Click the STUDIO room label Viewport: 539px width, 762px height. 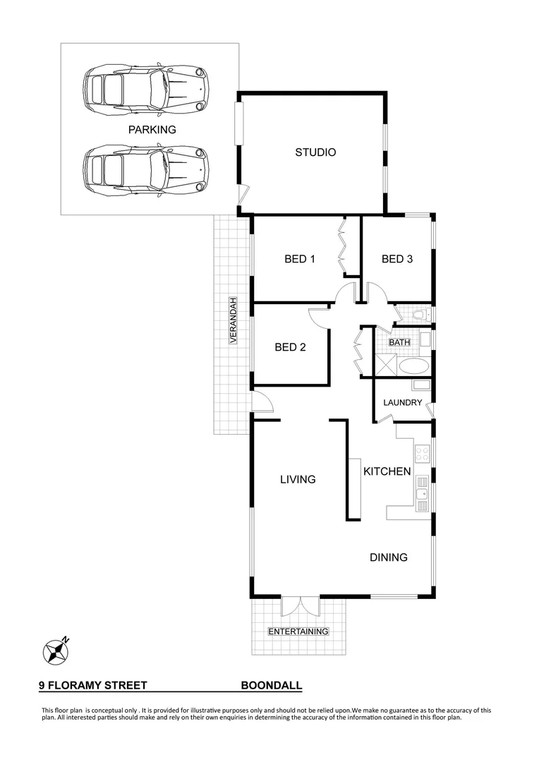(315, 152)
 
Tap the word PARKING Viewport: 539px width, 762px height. (152, 130)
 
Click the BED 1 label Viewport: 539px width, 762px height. (299, 259)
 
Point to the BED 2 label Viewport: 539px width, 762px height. (289, 347)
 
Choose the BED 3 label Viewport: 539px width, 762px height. (396, 259)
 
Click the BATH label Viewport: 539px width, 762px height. (399, 343)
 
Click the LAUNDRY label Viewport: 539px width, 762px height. (402, 403)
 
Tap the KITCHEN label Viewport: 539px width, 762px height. (387, 471)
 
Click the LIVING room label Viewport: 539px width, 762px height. (297, 480)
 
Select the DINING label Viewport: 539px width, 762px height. (389, 557)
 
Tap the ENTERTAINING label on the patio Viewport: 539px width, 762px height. (298, 631)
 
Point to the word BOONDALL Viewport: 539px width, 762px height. (272, 685)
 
